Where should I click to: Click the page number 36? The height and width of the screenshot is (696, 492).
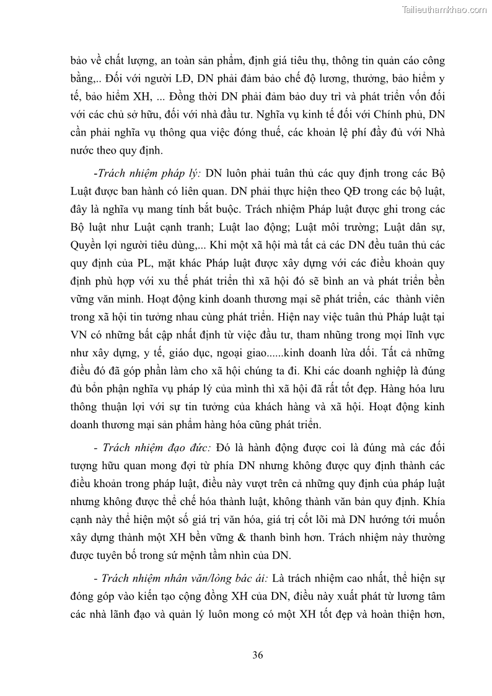coord(258,655)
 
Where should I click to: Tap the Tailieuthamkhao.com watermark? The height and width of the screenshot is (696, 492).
coord(444,10)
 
